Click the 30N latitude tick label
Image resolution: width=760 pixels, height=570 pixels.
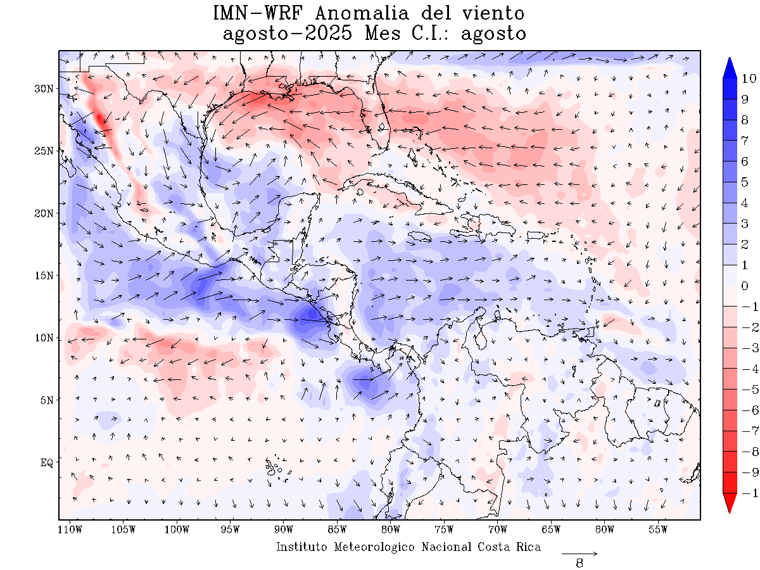(44, 89)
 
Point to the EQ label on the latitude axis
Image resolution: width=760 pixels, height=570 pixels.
(46, 463)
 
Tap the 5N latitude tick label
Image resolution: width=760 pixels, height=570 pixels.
(46, 400)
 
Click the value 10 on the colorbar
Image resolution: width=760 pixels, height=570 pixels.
(749, 79)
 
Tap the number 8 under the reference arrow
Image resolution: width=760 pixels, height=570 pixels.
(579, 562)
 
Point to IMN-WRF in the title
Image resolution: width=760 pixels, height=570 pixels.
(254, 13)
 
